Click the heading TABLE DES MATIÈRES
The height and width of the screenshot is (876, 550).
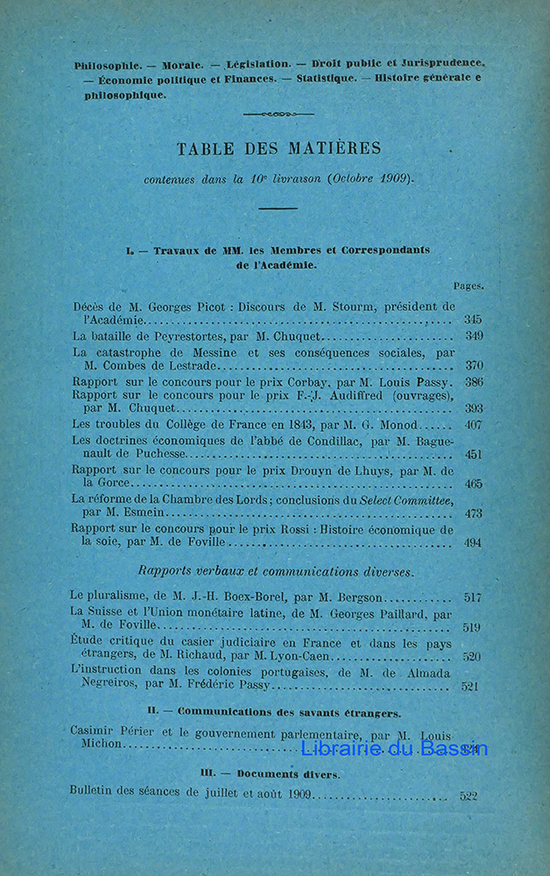pyautogui.click(x=278, y=148)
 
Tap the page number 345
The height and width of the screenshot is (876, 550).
pyautogui.click(x=473, y=321)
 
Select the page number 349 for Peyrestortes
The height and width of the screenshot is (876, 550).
pyautogui.click(x=474, y=336)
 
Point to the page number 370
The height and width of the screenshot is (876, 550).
pyautogui.click(x=474, y=365)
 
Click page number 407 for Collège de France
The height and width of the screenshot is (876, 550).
pyautogui.click(x=474, y=426)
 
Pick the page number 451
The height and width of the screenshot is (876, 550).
pyautogui.click(x=474, y=455)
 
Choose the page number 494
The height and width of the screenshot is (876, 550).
pyautogui.click(x=473, y=543)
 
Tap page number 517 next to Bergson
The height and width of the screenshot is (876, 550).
pyautogui.click(x=473, y=597)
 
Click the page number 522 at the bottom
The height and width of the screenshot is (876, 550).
pyautogui.click(x=469, y=796)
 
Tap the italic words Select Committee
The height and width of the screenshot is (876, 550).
pyautogui.click(x=408, y=499)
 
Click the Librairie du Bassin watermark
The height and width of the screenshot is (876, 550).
pyautogui.click(x=394, y=749)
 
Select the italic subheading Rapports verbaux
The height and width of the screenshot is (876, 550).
pyautogui.click(x=195, y=571)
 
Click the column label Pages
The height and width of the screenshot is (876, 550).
pyautogui.click(x=468, y=286)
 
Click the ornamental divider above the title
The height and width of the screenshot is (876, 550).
pyautogui.click(x=278, y=114)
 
